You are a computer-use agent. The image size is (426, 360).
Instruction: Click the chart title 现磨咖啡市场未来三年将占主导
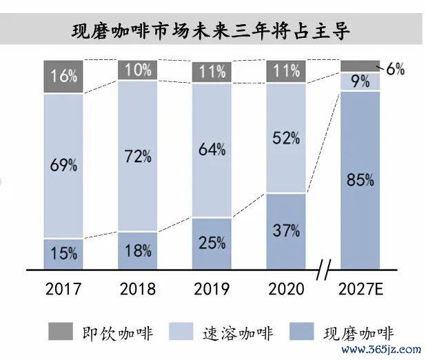pyautogui.click(x=212, y=30)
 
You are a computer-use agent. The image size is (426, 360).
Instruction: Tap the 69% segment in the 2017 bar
pyautogui.click(x=63, y=166)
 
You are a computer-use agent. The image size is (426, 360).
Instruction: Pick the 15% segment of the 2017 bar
pyautogui.click(x=63, y=254)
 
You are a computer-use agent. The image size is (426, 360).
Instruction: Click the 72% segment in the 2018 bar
pyautogui.click(x=137, y=156)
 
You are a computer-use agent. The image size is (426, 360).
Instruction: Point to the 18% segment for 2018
pyautogui.click(x=137, y=250)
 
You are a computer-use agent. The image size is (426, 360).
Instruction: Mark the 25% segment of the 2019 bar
pyautogui.click(x=212, y=243)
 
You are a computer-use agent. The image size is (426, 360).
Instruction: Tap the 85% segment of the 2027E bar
pyautogui.click(x=361, y=181)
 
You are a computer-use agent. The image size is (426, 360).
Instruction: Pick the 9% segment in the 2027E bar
pyautogui.click(x=361, y=81)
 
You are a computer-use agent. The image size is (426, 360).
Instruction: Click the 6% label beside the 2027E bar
pyautogui.click(x=395, y=68)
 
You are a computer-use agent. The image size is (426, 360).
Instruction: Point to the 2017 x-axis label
pyautogui.click(x=63, y=287)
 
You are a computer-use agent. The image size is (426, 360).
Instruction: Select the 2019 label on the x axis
pyautogui.click(x=212, y=287)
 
